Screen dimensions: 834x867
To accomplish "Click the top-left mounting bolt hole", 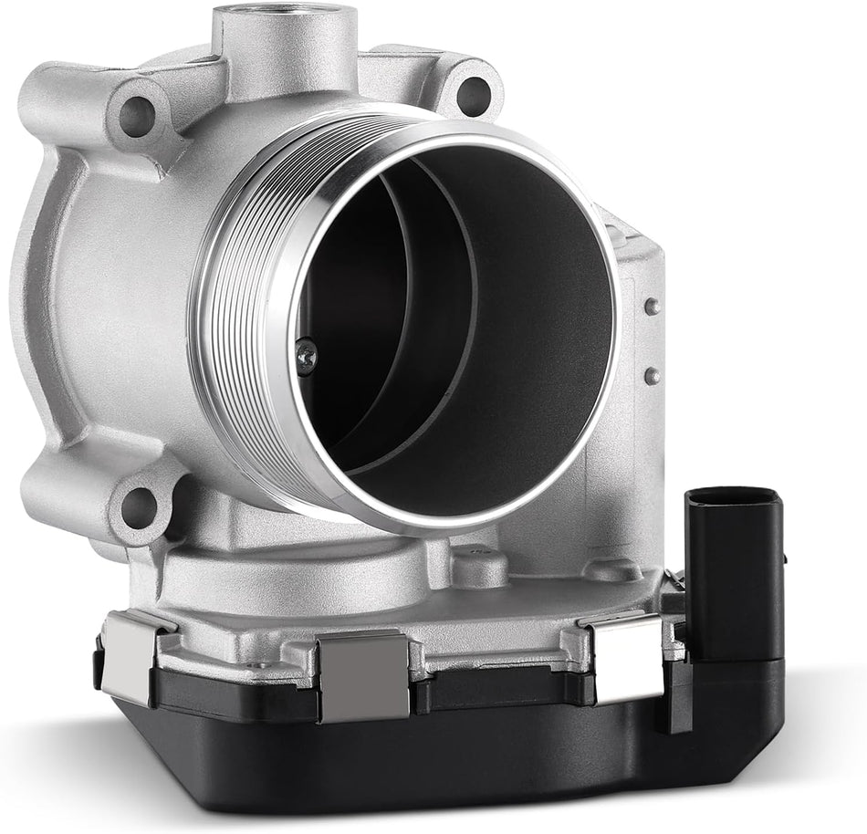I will (137, 114).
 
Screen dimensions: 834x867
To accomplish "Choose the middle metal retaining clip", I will (363, 675).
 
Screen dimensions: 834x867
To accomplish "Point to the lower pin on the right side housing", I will (652, 375).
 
